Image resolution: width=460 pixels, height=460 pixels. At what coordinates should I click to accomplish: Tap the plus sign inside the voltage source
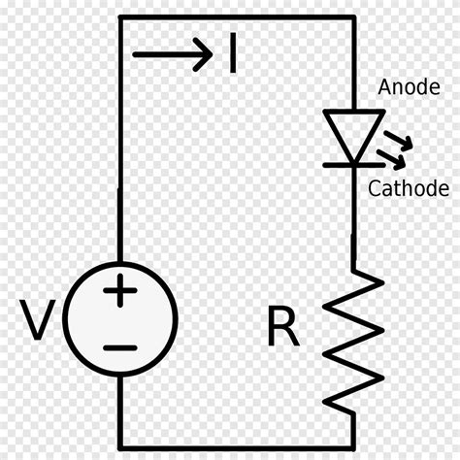120,291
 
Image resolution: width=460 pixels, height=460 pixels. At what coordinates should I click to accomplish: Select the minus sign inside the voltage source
120,346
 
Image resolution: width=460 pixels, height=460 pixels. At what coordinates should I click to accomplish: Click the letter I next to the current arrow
232,53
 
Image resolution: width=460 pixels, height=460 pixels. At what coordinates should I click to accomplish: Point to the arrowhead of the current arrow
204,53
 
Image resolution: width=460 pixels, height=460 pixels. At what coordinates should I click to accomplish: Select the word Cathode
408,188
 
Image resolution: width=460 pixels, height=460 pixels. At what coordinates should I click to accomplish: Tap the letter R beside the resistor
283,330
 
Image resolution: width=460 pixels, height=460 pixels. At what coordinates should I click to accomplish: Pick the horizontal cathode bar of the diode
350,163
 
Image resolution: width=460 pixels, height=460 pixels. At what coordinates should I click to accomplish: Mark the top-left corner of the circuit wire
120,17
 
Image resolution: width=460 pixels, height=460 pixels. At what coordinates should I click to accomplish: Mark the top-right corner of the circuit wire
350,17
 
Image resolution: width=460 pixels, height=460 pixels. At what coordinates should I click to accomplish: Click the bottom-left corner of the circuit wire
120,443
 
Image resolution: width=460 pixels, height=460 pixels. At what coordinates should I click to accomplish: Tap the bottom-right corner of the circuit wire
350,443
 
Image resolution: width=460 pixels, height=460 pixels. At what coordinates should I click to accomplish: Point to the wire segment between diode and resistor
350,218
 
